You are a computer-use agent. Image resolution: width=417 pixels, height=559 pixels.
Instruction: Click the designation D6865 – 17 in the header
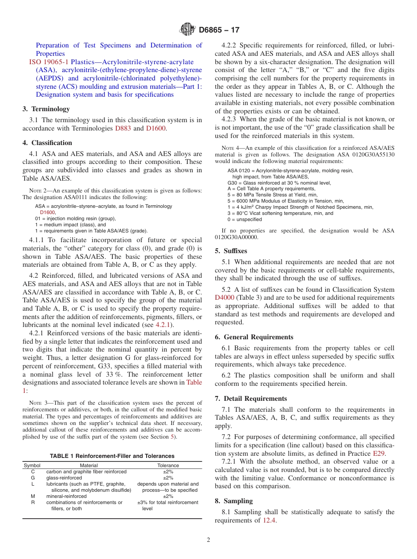click(x=219, y=30)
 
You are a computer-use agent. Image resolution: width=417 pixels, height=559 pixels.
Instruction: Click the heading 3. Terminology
click(x=46, y=109)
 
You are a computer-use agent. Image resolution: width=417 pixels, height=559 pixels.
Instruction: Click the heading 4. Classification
click(x=47, y=143)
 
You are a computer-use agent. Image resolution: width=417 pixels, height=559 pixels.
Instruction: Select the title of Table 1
click(x=112, y=456)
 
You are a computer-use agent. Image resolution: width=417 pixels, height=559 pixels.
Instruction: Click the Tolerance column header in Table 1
click(x=168, y=465)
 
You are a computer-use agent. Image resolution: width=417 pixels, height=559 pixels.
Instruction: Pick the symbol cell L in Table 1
click(x=32, y=484)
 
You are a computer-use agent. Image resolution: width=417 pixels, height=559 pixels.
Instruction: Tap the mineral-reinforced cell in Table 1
click(x=66, y=496)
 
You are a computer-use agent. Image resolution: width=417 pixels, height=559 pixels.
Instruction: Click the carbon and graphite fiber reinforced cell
click(x=86, y=472)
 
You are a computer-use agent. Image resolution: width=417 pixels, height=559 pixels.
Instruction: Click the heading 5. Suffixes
click(x=231, y=251)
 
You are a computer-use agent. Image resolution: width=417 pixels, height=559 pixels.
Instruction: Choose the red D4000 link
click(x=224, y=298)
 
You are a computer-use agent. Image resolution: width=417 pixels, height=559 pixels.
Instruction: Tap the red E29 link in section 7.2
click(x=379, y=453)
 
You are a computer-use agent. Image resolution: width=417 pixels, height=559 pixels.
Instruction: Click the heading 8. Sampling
click(x=234, y=501)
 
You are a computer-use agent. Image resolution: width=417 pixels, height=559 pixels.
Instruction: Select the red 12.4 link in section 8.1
click(x=269, y=520)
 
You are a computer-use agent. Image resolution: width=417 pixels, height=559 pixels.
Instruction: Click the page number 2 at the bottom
click(x=208, y=540)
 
